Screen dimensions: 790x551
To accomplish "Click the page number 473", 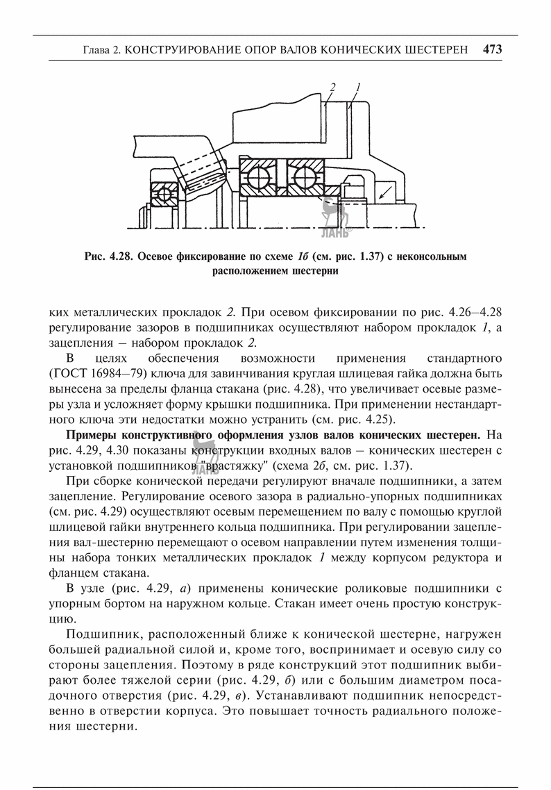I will [x=491, y=49].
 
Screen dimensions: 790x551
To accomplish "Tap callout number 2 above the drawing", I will [x=332, y=87].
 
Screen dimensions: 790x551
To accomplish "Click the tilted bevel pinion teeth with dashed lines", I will [x=201, y=174].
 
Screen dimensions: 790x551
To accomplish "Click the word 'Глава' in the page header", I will [x=96, y=50].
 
